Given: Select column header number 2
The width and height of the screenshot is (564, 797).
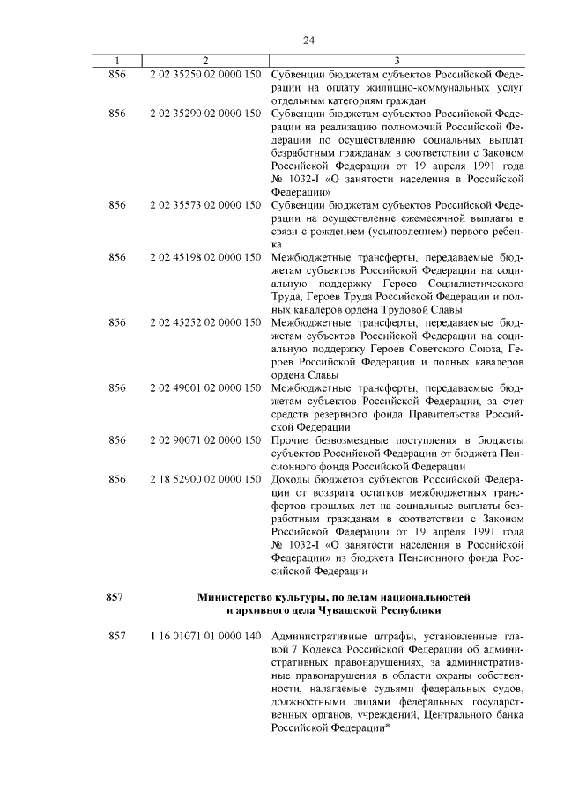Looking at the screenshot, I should point(204,60).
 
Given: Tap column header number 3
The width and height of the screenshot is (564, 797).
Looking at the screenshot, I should point(397,60).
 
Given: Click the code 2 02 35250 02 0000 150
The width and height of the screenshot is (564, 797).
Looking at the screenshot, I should point(204,74).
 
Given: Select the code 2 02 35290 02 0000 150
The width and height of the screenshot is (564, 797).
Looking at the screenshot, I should point(204,114).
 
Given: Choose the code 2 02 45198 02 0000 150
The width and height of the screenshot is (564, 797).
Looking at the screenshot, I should point(204,257).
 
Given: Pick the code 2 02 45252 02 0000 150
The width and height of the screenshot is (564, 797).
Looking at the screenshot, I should point(204,322).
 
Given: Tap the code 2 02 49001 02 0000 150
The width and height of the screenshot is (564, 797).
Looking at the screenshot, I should point(204,387).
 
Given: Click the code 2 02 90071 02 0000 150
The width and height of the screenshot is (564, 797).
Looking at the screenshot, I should point(204,439).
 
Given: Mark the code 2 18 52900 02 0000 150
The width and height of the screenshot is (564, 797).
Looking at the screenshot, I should point(204,479).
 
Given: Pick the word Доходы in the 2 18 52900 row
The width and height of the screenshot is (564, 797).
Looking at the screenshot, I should point(290,479).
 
